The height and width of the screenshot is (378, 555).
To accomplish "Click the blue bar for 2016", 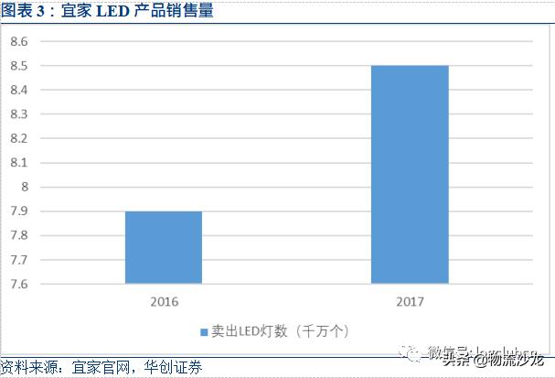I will pos(163,247).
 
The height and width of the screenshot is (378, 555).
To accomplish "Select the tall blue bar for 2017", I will pos(410,174).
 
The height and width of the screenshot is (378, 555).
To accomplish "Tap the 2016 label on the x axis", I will pos(165,301).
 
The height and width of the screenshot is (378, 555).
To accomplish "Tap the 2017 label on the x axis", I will pos(410,301).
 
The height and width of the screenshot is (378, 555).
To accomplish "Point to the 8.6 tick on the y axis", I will pos(20,42).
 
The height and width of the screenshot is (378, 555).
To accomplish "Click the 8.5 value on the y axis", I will pos(20,66).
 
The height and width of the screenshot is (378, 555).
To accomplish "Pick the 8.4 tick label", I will pos(20,91).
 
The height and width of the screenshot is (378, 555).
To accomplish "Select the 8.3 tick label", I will pos(20,114).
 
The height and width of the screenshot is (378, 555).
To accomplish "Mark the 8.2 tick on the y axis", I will pos(20,138).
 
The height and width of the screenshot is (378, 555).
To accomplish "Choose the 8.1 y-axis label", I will pos(20,163).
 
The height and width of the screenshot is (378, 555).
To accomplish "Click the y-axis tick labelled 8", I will pos(25,187).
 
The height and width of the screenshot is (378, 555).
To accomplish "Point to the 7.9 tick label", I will pos(20,211).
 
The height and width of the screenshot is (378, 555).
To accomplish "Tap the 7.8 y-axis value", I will pos(20,235).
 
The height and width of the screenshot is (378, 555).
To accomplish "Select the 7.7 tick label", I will pos(20,260).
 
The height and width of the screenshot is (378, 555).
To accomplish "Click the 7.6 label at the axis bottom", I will pos(20,284).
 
